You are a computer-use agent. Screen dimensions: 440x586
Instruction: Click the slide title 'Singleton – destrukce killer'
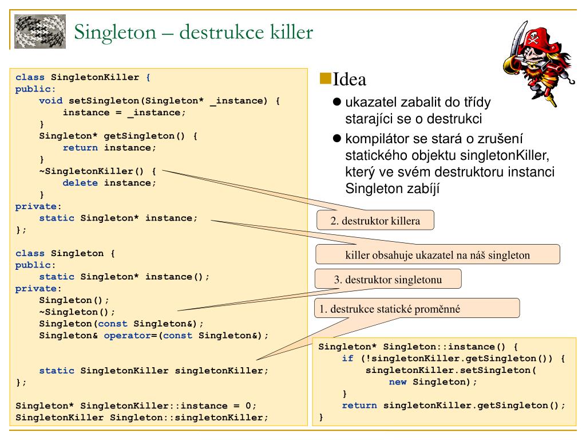click(x=194, y=32)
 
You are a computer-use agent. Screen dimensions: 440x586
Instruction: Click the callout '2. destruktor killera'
click(x=375, y=221)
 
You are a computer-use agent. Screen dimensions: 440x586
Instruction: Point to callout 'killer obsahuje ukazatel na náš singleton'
click(x=437, y=255)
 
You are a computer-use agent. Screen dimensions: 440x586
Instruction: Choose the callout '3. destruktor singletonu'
click(x=388, y=280)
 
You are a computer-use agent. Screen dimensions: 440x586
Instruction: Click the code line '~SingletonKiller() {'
click(x=97, y=171)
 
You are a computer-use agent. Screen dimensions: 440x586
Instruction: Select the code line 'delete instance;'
click(x=109, y=183)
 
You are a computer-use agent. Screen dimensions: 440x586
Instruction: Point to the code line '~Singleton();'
click(x=77, y=312)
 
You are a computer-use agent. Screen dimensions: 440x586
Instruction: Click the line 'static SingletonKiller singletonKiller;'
click(x=153, y=370)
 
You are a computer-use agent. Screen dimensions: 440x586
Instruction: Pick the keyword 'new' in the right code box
click(x=398, y=382)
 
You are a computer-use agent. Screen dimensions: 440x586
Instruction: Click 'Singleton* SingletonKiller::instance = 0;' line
click(x=136, y=405)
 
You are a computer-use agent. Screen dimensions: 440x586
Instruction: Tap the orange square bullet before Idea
click(x=325, y=77)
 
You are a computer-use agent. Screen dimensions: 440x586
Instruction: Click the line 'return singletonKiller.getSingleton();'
click(x=453, y=405)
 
